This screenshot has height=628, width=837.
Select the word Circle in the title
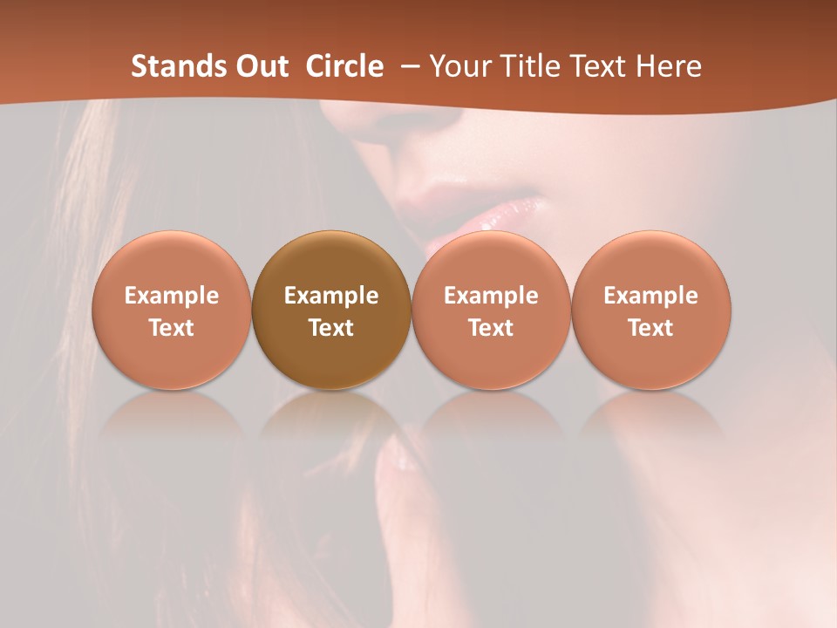(344, 66)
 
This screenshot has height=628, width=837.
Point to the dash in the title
(408, 66)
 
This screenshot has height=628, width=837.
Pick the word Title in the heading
(525, 66)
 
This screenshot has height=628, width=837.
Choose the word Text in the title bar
(597, 66)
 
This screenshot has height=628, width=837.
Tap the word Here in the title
(669, 66)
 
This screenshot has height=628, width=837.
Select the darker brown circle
(331, 310)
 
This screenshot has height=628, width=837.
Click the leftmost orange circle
(172, 310)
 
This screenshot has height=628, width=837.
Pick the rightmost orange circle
(650, 310)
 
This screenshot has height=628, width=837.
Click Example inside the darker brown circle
(331, 296)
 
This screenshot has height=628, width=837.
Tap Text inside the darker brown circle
(331, 328)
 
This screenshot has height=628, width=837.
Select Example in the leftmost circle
(172, 296)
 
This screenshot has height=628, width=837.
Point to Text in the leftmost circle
(172, 328)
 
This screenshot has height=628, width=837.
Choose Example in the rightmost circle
(650, 296)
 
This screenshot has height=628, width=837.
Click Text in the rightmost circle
(650, 328)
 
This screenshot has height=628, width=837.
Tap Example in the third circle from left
(491, 296)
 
